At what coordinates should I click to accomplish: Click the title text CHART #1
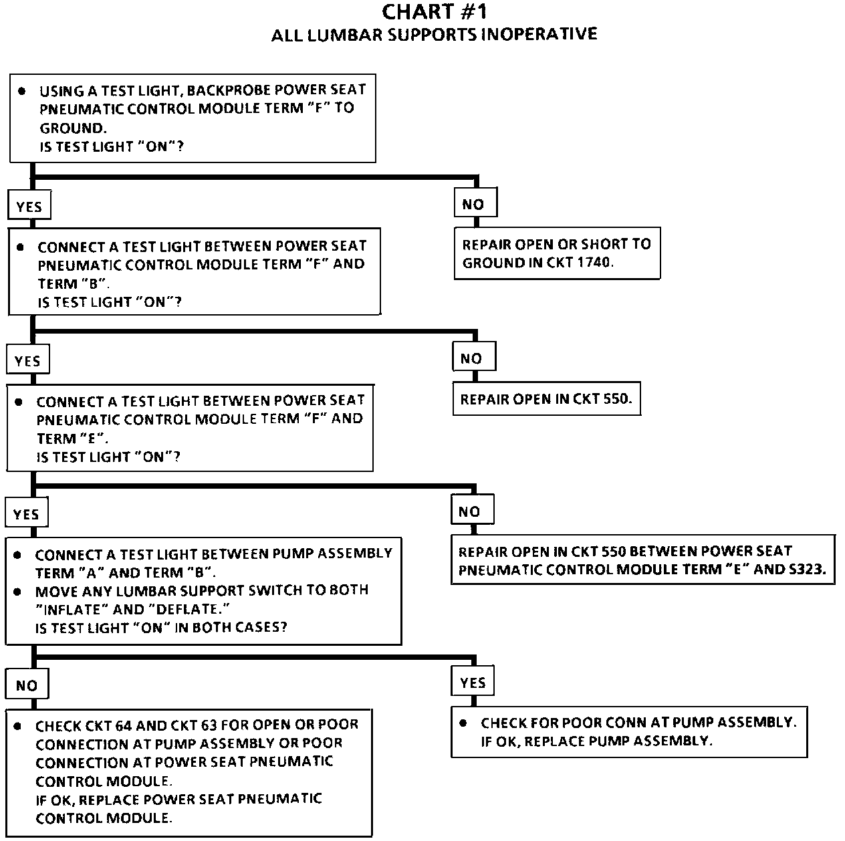434,12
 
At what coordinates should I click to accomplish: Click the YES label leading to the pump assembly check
473,682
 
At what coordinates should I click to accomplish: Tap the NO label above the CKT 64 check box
27,685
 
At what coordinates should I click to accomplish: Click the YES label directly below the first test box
29,206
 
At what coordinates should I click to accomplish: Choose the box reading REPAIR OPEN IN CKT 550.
547,399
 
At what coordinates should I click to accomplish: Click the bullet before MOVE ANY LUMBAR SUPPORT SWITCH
17,592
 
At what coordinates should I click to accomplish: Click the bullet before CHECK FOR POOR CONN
463,723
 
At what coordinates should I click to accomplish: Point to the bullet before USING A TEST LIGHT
22,91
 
